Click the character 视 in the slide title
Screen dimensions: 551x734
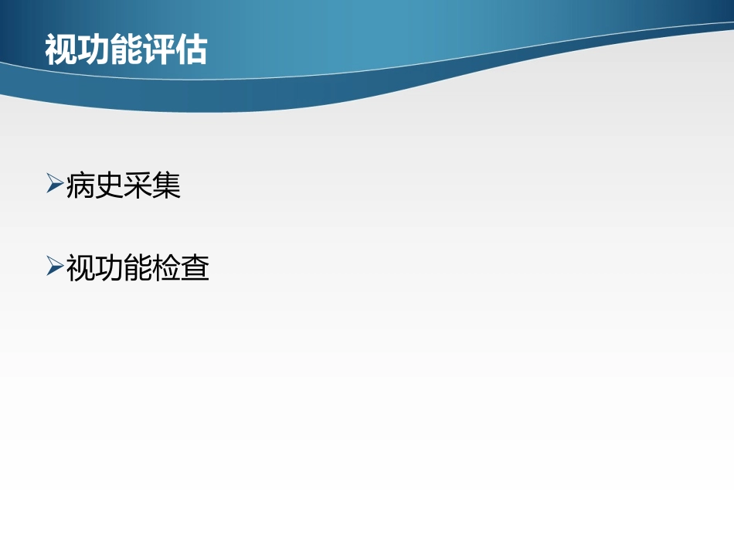pos(61,50)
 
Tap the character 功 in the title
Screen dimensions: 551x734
pos(93,50)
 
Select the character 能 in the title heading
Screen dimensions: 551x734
pos(126,50)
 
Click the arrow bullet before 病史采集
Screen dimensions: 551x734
pos(55,184)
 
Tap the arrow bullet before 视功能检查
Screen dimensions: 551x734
pos(55,267)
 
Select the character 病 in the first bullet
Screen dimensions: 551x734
pos(80,185)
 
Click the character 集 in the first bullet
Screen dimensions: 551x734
pos(166,185)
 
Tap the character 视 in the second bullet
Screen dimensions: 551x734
pos(80,268)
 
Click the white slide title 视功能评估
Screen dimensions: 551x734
pos(126,50)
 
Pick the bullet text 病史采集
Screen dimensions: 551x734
pos(124,185)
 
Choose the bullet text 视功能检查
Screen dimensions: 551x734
pos(138,268)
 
